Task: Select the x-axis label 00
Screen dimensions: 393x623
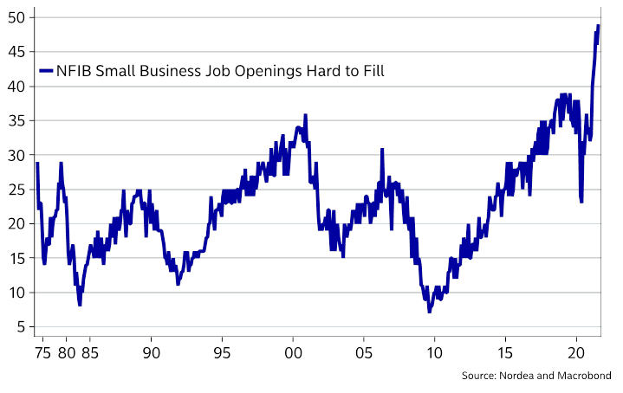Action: [x=293, y=353]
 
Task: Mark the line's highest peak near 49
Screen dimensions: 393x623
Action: [x=598, y=26]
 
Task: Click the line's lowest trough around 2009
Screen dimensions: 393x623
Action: [x=429, y=312]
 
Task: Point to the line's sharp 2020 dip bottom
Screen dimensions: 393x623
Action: [x=581, y=202]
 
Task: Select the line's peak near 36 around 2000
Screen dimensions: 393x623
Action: [x=305, y=115]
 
